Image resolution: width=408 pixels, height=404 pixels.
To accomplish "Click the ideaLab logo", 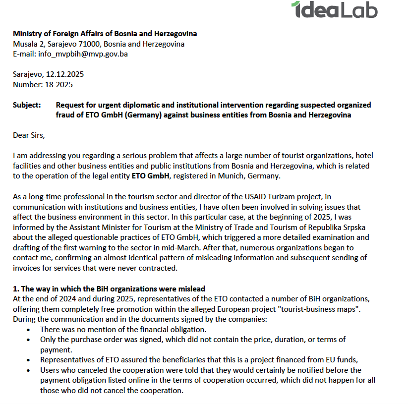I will [x=334, y=10].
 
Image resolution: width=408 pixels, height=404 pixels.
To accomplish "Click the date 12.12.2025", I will [x=65, y=74].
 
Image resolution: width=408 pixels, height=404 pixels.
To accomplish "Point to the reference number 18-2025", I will [x=58, y=85].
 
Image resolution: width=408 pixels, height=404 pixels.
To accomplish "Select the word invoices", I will [x=27, y=268].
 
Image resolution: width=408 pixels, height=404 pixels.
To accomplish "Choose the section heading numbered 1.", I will [x=109, y=289].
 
